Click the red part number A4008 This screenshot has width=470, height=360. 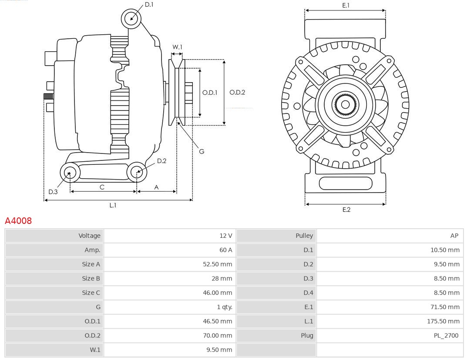coord(18,221)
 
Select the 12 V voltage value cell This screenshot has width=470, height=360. coord(225,236)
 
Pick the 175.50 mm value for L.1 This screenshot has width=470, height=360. coord(443,321)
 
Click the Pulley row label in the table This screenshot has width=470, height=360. coord(304,236)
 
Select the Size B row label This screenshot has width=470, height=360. coord(91,278)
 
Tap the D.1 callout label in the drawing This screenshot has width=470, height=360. coord(149,4)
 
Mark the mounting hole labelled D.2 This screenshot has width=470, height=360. coord(137,172)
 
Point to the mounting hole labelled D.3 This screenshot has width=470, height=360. coord(69,173)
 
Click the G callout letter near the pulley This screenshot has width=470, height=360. coord(201,152)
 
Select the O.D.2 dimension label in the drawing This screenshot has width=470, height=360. coord(237,92)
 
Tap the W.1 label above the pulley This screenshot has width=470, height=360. coord(177,47)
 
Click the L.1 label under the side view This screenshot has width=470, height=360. coord(113,205)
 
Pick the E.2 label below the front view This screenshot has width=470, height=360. coord(346,210)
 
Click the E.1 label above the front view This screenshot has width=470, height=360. coord(346,5)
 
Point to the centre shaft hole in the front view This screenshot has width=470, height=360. coord(345,104)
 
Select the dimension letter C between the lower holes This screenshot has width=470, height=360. coord(102,187)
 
